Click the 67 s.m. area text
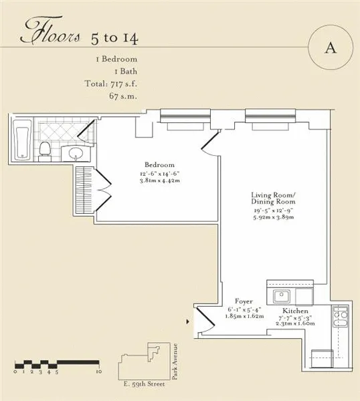pyautogui.click(x=128, y=96)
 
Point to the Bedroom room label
pyautogui.click(x=159, y=164)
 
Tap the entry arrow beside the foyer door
pyautogui.click(x=187, y=321)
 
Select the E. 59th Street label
pyautogui.click(x=146, y=386)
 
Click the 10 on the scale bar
pyautogui.click(x=98, y=372)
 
